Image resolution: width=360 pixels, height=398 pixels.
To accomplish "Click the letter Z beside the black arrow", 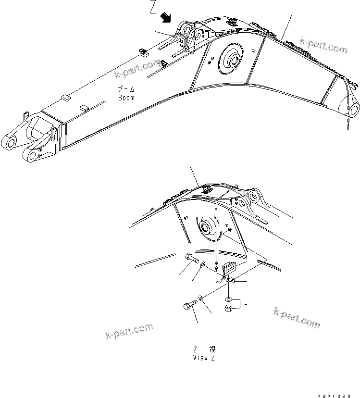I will pyautogui.click(x=153, y=8).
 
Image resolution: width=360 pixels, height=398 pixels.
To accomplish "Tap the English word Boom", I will pyautogui.click(x=126, y=98).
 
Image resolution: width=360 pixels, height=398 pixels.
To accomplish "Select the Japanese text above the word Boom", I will pyautogui.click(x=126, y=90).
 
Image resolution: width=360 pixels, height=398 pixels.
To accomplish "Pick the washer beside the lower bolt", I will pyautogui.click(x=201, y=299).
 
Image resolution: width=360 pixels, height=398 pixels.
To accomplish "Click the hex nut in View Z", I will pyautogui.click(x=229, y=308).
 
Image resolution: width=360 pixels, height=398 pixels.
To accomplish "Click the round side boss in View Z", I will pyautogui.click(x=207, y=228).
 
